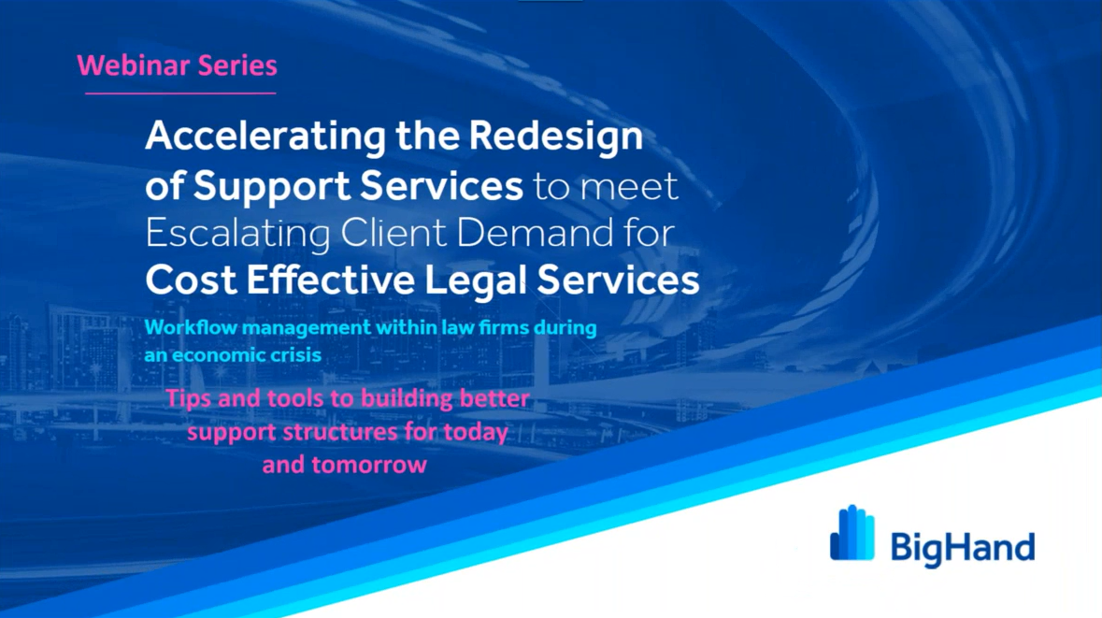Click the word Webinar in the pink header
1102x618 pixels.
(x=134, y=65)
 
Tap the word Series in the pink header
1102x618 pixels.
(x=237, y=65)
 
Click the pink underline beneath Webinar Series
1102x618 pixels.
(x=180, y=93)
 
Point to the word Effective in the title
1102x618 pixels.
(x=330, y=280)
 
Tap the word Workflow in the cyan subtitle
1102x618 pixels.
(x=188, y=327)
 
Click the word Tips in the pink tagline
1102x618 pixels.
(x=189, y=399)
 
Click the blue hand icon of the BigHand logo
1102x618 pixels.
(x=852, y=533)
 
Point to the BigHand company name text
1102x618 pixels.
(x=962, y=549)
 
